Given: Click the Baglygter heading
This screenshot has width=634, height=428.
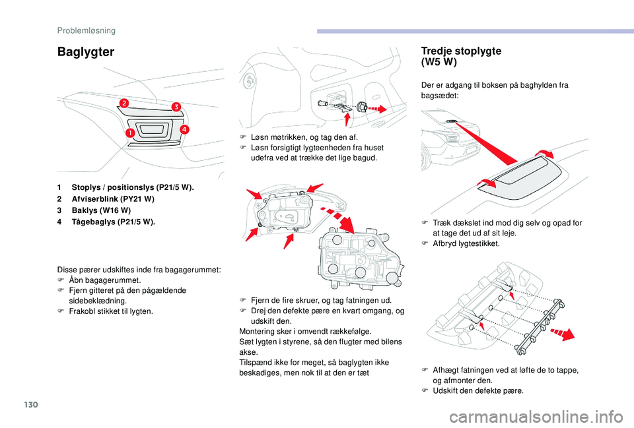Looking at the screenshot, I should [86, 51].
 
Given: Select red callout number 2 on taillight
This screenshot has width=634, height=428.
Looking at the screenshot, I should [123, 102].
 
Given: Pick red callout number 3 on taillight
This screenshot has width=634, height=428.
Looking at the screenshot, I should [176, 106].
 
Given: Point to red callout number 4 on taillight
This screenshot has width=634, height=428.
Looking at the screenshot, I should [183, 129].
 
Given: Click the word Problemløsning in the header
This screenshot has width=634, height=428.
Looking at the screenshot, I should [86, 30].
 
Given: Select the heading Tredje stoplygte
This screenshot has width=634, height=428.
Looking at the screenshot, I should [460, 51].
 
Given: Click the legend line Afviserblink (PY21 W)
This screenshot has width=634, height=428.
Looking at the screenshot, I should [108, 199].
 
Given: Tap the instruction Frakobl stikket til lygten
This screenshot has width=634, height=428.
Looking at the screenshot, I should [110, 311].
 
